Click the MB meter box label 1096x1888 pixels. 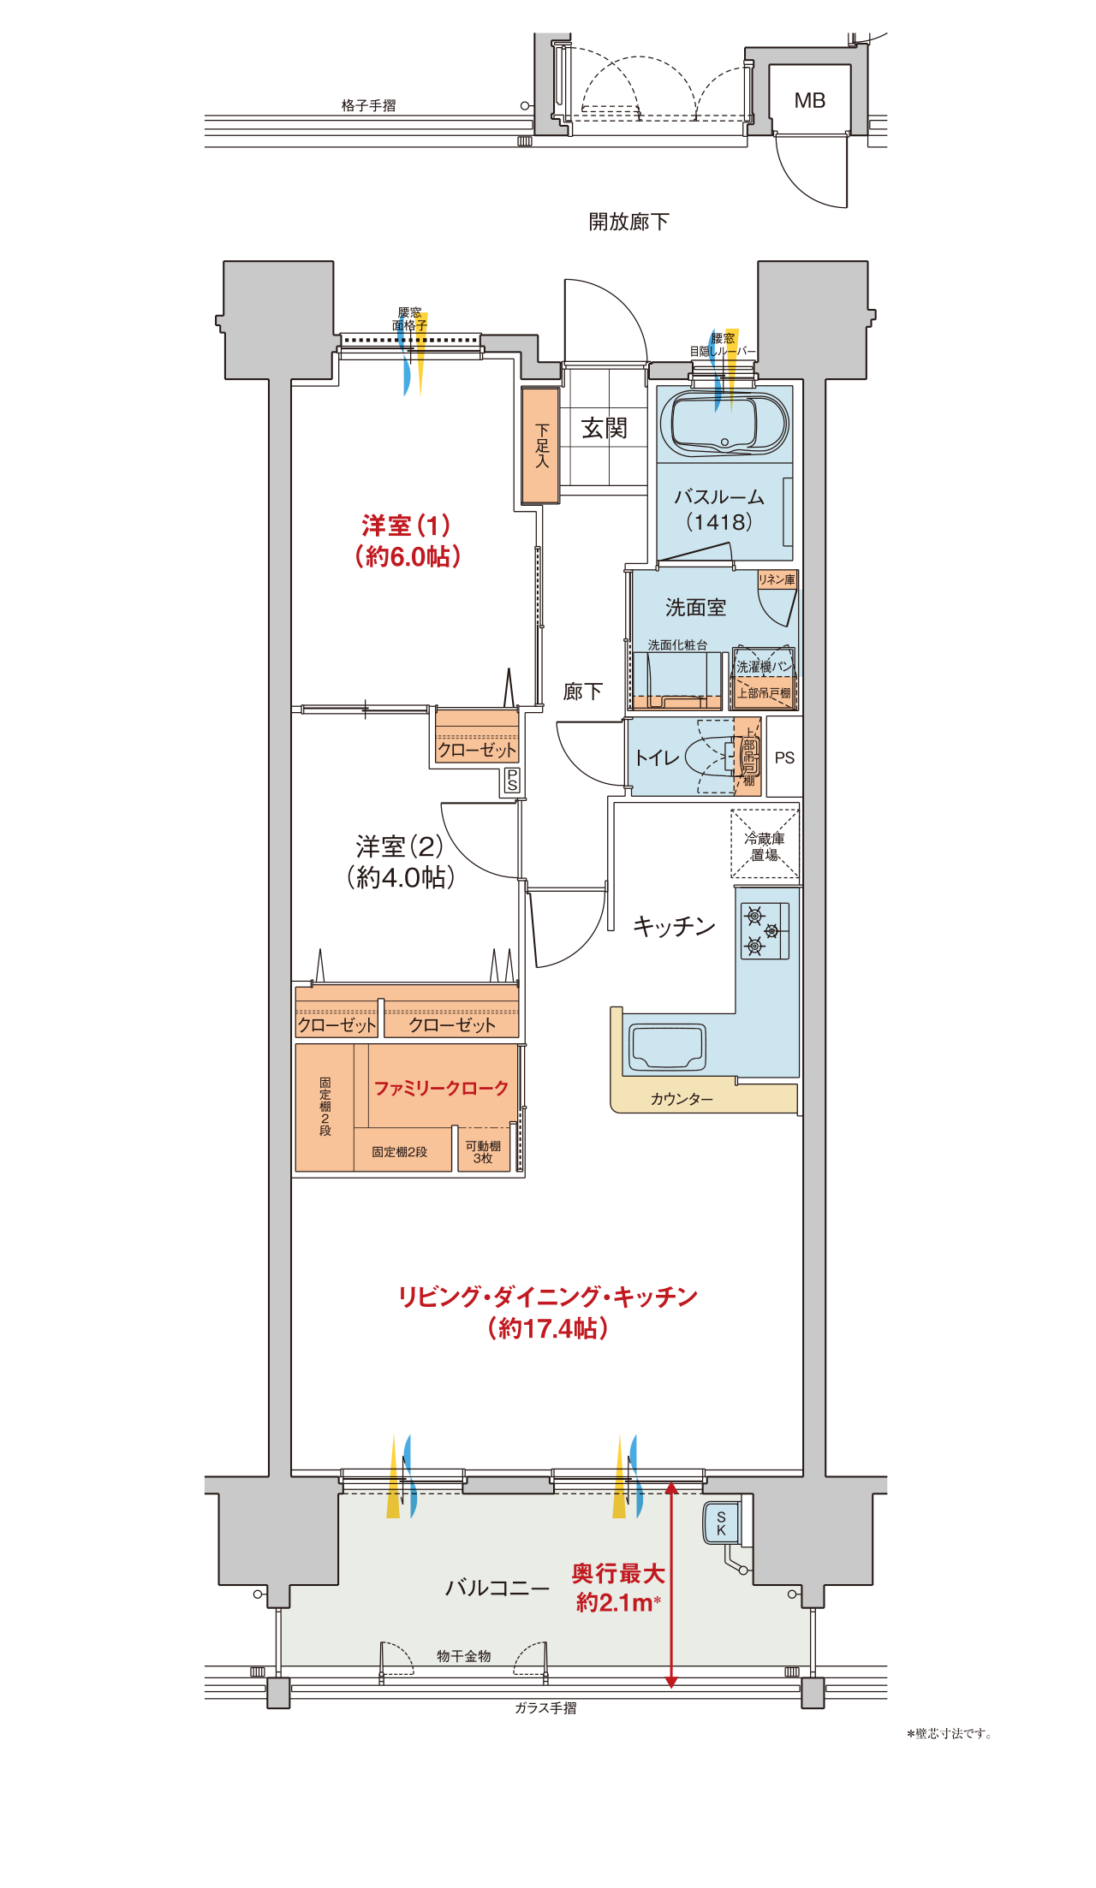(809, 101)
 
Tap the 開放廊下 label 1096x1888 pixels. (628, 222)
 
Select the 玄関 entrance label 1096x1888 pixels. (605, 428)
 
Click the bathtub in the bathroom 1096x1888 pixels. (724, 425)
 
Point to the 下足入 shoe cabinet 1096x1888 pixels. (540, 445)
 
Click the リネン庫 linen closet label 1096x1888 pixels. (777, 579)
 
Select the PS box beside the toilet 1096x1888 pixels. (784, 757)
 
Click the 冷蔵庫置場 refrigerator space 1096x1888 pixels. (765, 845)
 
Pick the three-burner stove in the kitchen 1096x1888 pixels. (765, 930)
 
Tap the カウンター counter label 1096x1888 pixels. (682, 1099)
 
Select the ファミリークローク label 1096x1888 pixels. (441, 1089)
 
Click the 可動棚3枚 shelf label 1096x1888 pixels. (483, 1152)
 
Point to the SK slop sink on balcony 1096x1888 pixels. (722, 1523)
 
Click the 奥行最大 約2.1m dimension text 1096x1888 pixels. (617, 1588)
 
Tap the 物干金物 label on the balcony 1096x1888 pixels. (464, 1656)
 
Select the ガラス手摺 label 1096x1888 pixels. (545, 1708)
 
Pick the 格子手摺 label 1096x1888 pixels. (368, 105)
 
